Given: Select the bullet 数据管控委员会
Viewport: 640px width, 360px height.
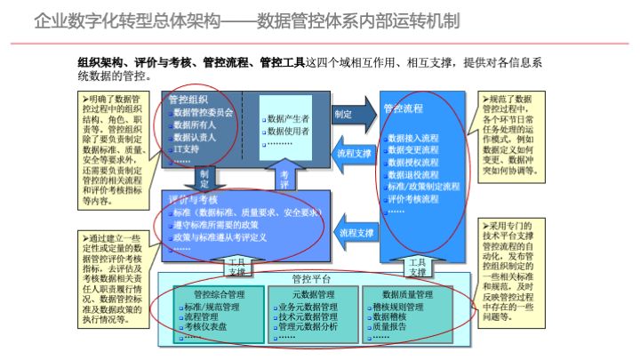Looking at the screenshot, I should pos(204,113).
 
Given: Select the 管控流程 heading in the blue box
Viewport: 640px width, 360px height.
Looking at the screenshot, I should pos(404,108).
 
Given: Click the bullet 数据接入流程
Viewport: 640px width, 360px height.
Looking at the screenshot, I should pos(413,139).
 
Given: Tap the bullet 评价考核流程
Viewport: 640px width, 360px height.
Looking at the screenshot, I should pos(413,199).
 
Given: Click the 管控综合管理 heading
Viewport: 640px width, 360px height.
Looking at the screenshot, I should pos(212,293).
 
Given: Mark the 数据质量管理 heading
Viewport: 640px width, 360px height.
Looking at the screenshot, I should pos(407,293).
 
